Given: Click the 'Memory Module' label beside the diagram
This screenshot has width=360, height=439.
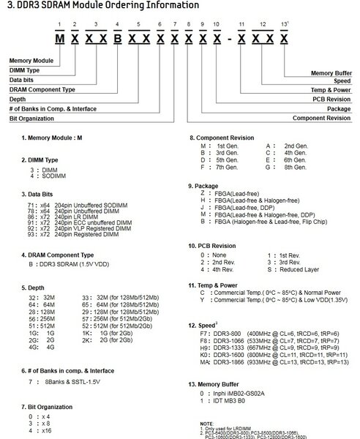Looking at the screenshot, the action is pyautogui.click(x=30, y=59).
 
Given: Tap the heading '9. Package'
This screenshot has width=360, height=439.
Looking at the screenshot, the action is pyautogui.click(x=206, y=186).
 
